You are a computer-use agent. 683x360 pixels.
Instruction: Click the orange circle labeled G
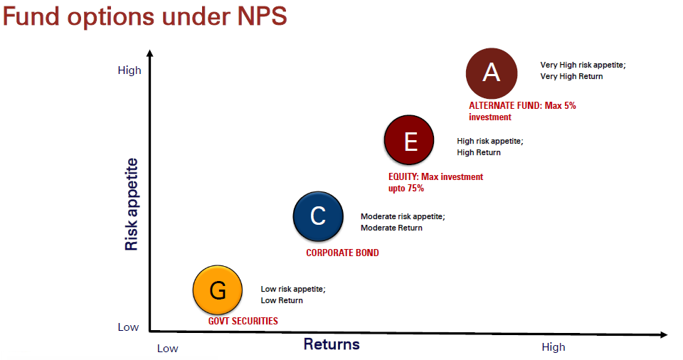(x=218, y=290)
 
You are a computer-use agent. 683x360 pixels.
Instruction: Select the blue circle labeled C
(x=318, y=216)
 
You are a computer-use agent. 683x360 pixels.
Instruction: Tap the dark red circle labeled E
(x=409, y=140)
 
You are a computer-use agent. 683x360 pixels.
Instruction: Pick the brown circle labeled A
(x=492, y=73)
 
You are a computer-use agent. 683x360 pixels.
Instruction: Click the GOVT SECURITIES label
(x=243, y=321)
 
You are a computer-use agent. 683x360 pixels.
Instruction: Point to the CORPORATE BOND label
(x=342, y=253)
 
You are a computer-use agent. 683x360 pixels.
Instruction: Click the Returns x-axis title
(x=332, y=344)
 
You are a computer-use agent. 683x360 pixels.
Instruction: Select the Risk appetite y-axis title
(x=131, y=204)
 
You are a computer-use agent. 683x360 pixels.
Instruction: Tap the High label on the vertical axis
(x=129, y=70)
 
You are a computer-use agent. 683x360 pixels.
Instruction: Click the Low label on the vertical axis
(x=128, y=327)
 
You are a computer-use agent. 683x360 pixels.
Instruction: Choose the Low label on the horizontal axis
(x=168, y=349)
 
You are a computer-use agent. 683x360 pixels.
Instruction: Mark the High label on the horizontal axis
(x=554, y=347)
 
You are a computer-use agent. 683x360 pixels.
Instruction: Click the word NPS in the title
(x=262, y=16)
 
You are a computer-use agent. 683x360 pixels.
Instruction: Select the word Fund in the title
(x=31, y=16)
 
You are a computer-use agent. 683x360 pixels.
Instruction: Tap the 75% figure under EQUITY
(x=415, y=189)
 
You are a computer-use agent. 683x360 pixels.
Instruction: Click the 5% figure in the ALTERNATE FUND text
(x=570, y=105)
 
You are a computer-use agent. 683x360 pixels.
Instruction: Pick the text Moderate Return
(x=391, y=228)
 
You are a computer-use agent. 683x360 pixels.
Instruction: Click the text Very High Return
(x=571, y=76)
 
